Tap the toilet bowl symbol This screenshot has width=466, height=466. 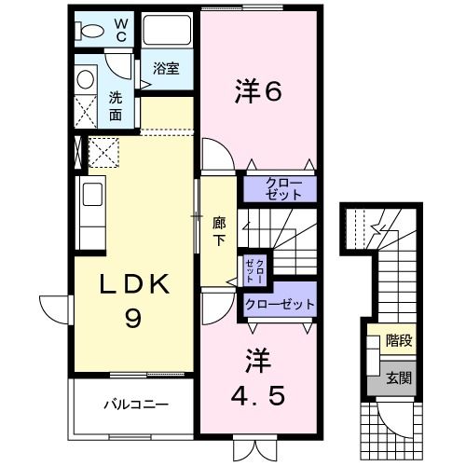90,30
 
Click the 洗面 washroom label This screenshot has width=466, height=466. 115,105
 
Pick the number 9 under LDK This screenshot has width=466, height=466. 134,320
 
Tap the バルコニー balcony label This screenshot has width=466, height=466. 135,405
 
